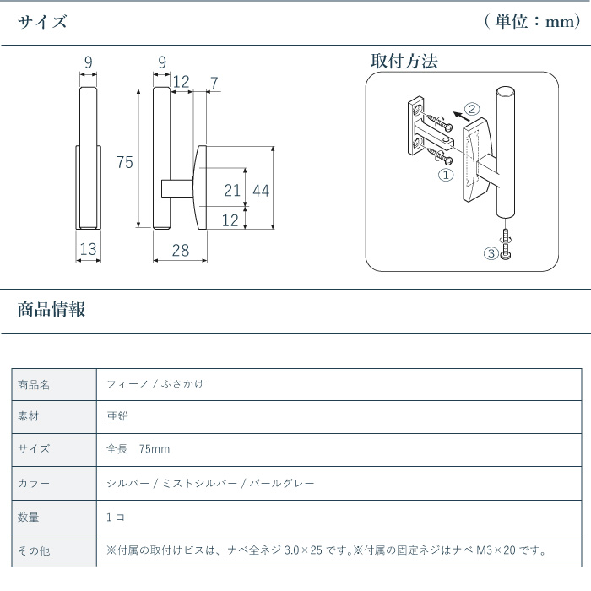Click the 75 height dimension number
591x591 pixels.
click(125, 162)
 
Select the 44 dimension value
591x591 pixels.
click(261, 191)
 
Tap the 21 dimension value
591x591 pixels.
click(232, 190)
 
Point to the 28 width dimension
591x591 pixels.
click(181, 250)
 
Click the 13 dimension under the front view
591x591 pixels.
click(88, 249)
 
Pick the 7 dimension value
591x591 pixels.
click(214, 83)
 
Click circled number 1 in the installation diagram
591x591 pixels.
click(446, 175)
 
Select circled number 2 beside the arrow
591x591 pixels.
click(472, 109)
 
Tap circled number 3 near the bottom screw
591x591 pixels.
click(491, 253)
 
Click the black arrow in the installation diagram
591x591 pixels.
click(460, 117)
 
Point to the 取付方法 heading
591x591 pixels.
click(404, 61)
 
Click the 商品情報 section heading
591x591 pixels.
click(52, 310)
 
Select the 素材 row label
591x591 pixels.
click(28, 416)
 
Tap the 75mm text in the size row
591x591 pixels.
click(155, 449)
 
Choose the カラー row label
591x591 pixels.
click(34, 483)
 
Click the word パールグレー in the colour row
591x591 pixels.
click(282, 483)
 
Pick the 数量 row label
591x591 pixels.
click(28, 517)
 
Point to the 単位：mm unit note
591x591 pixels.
click(532, 21)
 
